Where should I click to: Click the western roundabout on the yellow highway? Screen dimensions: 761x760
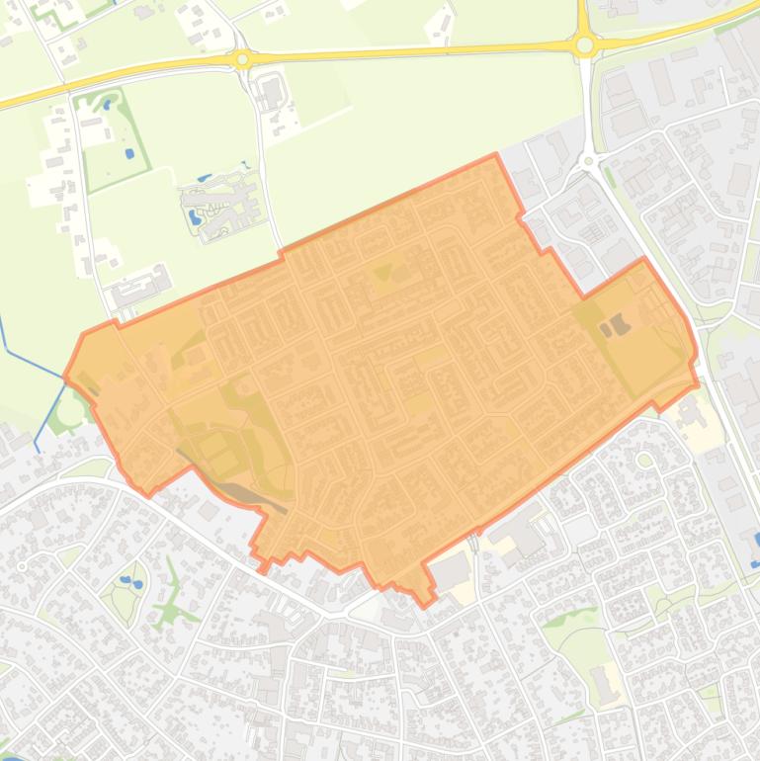click(x=242, y=59)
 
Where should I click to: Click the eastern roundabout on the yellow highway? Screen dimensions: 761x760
click(x=584, y=44)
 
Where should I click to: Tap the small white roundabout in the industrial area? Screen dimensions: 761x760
click(x=589, y=160)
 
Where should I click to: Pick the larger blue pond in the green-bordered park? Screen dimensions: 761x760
click(x=128, y=154)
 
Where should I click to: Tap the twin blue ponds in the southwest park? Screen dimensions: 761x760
click(x=129, y=581)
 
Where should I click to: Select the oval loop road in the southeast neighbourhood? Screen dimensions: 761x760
click(x=644, y=460)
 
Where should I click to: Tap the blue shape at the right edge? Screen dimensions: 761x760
click(x=756, y=539)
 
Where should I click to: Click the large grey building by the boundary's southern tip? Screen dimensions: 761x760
click(x=452, y=570)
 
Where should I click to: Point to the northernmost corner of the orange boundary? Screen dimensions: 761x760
click(x=495, y=155)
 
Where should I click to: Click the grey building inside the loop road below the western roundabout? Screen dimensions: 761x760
click(x=270, y=94)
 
